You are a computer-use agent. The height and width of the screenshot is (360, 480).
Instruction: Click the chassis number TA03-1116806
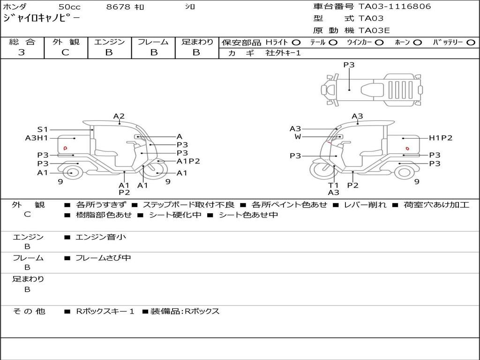tap(395, 7)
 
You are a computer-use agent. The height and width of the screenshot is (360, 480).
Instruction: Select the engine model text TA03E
tap(374, 30)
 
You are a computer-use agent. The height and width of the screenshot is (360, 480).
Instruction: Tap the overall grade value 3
tap(22, 52)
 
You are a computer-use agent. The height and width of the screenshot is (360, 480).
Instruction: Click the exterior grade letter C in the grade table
tap(65, 52)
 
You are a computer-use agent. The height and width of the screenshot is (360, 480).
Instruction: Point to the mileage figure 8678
tap(118, 7)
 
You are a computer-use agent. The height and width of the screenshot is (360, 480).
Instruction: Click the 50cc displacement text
tap(69, 7)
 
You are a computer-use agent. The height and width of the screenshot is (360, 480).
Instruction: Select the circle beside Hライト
tap(296, 43)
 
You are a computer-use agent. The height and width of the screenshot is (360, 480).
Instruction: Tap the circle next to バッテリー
tap(471, 43)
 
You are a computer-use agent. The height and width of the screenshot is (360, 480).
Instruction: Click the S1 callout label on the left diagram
tap(43, 129)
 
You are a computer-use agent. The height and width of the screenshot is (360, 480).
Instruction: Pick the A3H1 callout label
tap(37, 138)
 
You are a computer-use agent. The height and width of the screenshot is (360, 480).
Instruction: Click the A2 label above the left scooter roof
tap(119, 116)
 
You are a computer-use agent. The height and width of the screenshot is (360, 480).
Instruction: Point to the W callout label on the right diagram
tap(298, 136)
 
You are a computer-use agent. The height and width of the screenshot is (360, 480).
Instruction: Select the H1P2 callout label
tap(440, 138)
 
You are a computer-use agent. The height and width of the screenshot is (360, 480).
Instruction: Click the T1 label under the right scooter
tap(333, 185)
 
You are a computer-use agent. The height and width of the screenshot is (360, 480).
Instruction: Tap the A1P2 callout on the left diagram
tap(188, 161)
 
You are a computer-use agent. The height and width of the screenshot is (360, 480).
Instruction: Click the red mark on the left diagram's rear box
tap(65, 148)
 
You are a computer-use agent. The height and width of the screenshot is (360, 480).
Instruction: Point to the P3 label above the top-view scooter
tap(349, 65)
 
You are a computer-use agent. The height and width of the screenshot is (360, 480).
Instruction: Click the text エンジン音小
tap(101, 237)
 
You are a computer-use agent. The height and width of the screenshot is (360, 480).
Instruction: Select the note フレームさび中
tap(103, 258)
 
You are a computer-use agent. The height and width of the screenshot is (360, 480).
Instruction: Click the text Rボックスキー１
tap(105, 311)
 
